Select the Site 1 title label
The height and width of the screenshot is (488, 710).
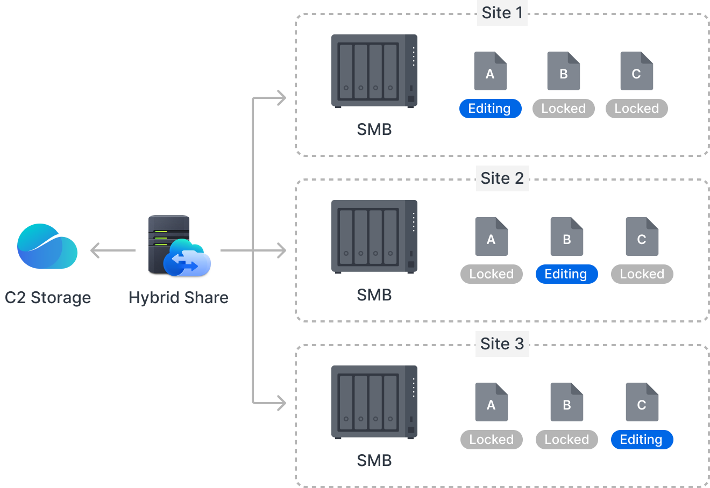coord(502,13)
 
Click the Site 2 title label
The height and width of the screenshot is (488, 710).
coord(502,178)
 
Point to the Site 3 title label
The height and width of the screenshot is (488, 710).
coord(502,344)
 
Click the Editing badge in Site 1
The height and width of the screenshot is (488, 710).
coord(490,109)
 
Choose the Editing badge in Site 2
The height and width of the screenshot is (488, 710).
coord(566,274)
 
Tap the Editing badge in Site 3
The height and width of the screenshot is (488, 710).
coord(642,440)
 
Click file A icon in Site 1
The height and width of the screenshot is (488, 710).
coord(490,71)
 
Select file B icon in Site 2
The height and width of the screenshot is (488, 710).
coord(566,236)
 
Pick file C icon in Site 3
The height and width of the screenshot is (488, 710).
coord(642,402)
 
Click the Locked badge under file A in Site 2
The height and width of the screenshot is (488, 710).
coord(491,274)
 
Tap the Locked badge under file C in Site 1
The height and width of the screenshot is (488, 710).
coord(636,109)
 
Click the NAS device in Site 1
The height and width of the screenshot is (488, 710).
coord(374,71)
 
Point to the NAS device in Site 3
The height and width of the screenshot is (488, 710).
coord(374,402)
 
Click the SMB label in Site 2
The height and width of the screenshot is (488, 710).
coord(374,295)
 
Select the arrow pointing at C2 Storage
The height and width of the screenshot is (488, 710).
coord(112,250)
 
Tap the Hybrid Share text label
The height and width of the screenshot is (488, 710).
coord(179,298)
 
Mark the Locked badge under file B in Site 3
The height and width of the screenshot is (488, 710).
coord(566,440)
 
